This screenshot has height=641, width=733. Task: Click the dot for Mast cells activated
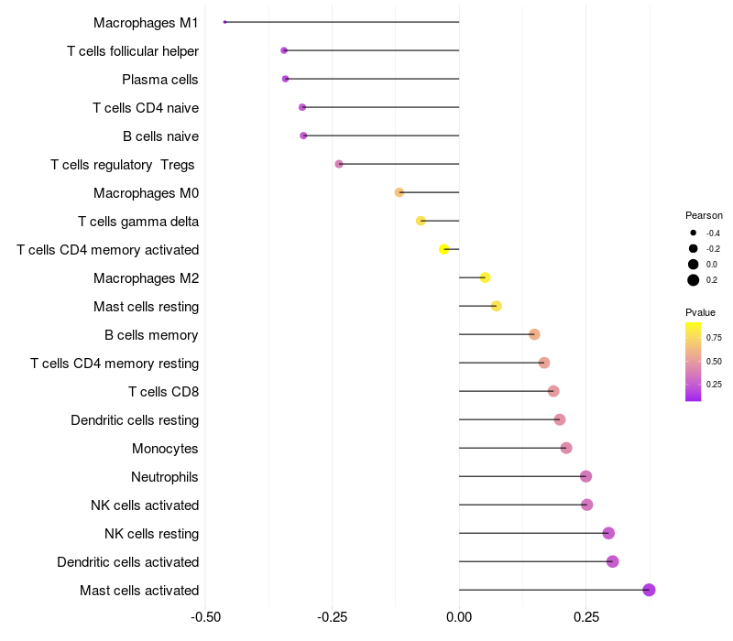649,590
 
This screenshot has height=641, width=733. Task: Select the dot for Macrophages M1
224,22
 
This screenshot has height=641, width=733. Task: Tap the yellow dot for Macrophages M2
485,277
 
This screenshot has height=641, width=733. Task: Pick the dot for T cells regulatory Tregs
339,164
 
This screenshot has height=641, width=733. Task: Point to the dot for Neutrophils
586,476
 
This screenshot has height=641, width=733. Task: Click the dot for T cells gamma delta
421,221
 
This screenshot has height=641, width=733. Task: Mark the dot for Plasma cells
286,79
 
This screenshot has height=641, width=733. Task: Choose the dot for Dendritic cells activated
612,561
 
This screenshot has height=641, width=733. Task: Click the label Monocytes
165,449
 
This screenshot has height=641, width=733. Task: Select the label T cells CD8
163,392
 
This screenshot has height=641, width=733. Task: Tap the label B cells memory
151,335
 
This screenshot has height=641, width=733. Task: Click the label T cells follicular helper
133,51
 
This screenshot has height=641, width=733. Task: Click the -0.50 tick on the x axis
205,616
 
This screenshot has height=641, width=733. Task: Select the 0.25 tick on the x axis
586,616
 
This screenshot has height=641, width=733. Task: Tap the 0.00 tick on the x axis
459,616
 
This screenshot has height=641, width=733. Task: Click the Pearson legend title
704,215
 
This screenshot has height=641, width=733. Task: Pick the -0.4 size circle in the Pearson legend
694,234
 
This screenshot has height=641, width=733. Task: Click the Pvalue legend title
701,312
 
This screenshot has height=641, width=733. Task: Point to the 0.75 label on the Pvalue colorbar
714,338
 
